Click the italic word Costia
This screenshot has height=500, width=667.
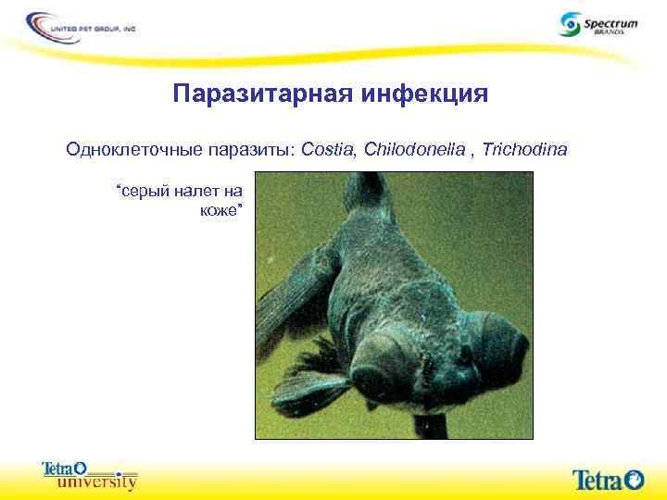tap(329, 148)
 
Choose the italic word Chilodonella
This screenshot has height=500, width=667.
tap(409, 148)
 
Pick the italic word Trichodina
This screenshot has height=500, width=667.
tap(522, 148)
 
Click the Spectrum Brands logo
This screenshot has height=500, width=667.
tap(598, 24)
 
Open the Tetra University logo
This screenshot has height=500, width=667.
tap(89, 474)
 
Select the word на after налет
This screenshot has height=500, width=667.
tap(233, 192)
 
